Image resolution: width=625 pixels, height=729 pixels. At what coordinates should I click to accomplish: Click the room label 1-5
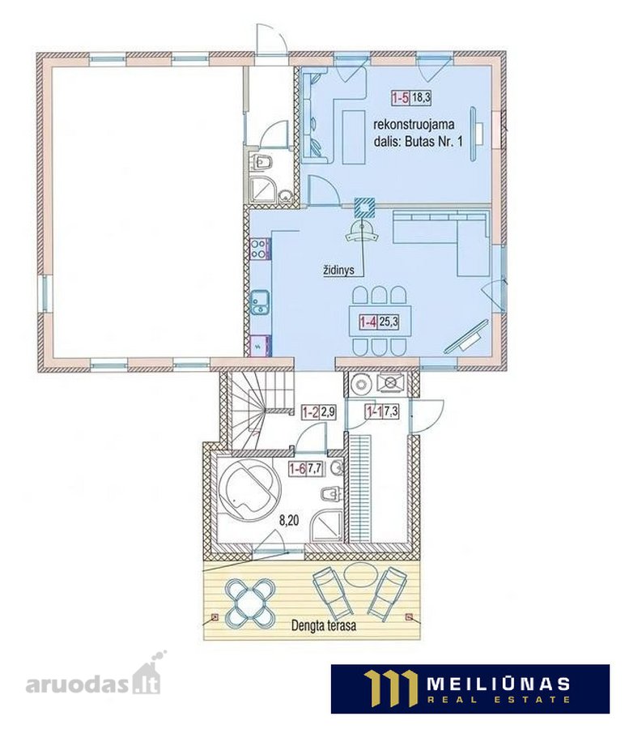pos(400,98)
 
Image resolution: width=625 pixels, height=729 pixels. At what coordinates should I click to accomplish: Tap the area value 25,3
pos(389,322)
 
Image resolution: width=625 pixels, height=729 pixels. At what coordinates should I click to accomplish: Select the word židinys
pos(338,270)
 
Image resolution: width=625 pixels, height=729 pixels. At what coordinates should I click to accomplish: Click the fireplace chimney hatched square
pos(364,207)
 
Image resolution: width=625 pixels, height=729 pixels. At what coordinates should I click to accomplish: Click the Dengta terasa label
pos(323,625)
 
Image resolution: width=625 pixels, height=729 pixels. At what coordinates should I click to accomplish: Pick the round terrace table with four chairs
pos(250,603)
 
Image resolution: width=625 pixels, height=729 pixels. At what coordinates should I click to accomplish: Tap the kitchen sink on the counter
pos(259,302)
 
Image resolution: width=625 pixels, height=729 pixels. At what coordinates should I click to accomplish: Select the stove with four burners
pos(259,249)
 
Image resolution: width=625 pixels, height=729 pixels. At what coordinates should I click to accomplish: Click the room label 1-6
pos(297,469)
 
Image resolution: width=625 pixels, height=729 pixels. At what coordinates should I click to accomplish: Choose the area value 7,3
pos(391,411)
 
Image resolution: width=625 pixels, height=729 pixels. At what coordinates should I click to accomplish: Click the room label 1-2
pos(310,412)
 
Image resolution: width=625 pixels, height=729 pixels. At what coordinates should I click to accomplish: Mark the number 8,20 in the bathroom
pos(288,521)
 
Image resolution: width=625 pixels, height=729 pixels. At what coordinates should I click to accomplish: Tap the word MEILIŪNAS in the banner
pos(498,684)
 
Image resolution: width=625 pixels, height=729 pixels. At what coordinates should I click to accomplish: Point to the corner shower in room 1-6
pos(326,526)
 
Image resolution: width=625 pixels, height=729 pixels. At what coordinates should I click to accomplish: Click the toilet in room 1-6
pos(332,494)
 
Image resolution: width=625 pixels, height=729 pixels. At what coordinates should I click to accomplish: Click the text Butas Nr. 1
pos(434,141)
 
